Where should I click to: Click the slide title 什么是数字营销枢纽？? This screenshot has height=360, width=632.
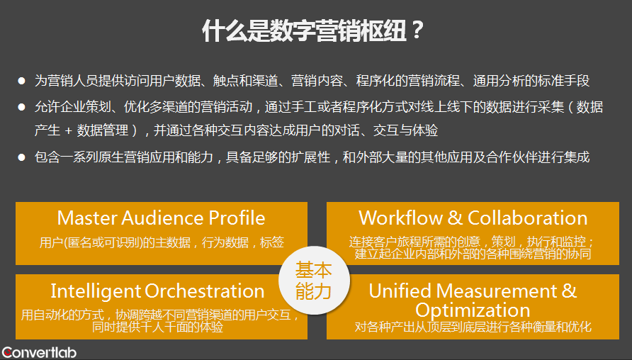312,30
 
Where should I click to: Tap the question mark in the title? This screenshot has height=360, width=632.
417,30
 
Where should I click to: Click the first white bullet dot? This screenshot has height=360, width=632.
22,81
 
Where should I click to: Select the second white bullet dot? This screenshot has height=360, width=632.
22,107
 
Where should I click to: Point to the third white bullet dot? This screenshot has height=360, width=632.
22,157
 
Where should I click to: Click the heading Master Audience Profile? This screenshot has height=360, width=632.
162,218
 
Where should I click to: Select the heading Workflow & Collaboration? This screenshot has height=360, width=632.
473,218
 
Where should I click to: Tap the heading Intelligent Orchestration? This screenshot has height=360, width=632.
157,291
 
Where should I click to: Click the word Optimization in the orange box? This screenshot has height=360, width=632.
473,310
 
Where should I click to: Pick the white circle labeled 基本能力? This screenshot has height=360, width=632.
314,280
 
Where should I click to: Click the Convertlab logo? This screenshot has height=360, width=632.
39,353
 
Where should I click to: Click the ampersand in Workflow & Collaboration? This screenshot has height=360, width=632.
455,218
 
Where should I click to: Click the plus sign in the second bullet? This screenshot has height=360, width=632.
69,130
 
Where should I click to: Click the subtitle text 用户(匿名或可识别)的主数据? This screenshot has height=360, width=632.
115,242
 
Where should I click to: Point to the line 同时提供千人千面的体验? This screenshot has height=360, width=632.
157,327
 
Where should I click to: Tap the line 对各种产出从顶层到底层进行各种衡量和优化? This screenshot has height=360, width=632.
473,327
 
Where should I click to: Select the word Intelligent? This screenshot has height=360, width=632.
96,291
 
